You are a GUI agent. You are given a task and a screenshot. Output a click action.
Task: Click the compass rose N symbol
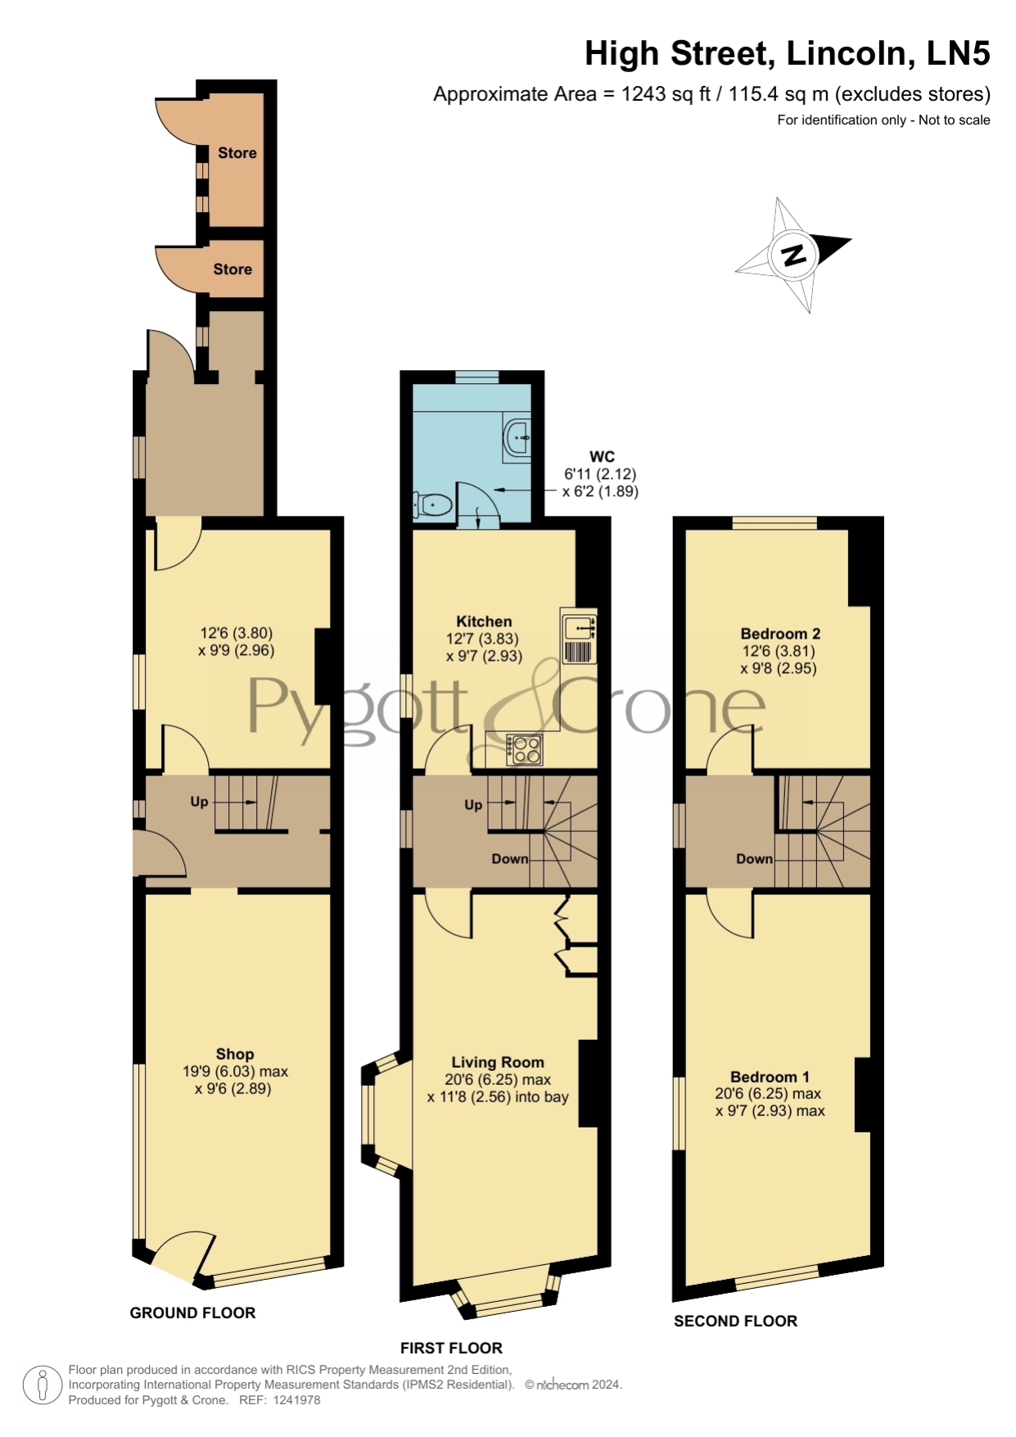point(793,255)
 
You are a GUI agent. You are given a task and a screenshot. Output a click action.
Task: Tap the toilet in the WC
point(433,505)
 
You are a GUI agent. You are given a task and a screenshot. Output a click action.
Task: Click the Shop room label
point(235,1054)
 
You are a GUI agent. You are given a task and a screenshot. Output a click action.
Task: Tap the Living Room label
point(498,1062)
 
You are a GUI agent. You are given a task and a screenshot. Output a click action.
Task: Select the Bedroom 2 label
point(780,633)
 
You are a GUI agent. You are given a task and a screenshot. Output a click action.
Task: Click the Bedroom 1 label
point(770,1077)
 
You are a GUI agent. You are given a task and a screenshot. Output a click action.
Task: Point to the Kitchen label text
point(484,621)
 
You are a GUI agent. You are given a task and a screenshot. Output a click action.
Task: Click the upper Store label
point(237,152)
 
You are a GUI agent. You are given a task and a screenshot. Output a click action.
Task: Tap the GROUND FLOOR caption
point(192,1313)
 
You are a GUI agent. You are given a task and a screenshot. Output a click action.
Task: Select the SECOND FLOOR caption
point(735,1321)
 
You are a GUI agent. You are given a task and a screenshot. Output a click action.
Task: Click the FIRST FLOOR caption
point(451,1348)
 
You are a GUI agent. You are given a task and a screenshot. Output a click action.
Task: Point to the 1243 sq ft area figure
point(656,94)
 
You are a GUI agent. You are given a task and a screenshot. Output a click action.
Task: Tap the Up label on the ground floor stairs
point(199,802)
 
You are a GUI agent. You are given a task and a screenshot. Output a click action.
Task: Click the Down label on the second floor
point(754,859)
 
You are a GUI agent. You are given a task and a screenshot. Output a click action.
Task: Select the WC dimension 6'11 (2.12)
point(600,474)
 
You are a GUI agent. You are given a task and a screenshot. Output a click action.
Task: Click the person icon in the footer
point(42,1385)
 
